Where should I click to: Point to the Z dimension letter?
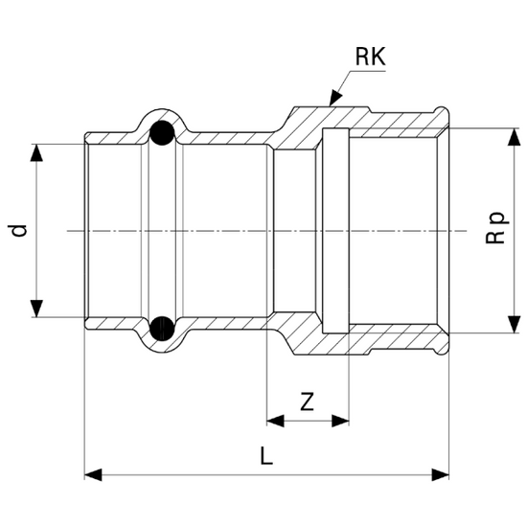click(307, 402)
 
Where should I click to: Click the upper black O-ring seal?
click(162, 133)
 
